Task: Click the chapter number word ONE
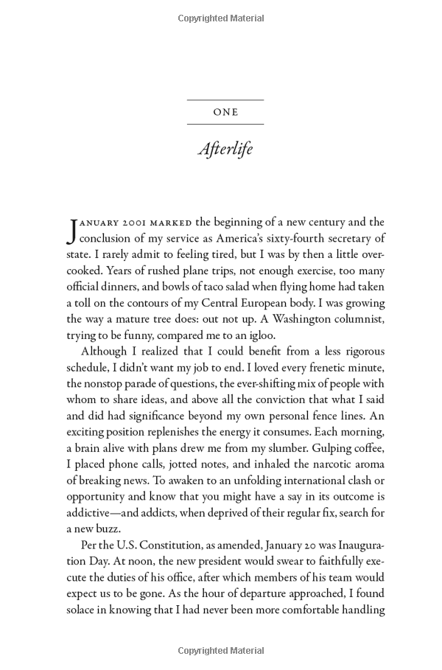225,113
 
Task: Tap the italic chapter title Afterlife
225,150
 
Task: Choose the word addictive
91,513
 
